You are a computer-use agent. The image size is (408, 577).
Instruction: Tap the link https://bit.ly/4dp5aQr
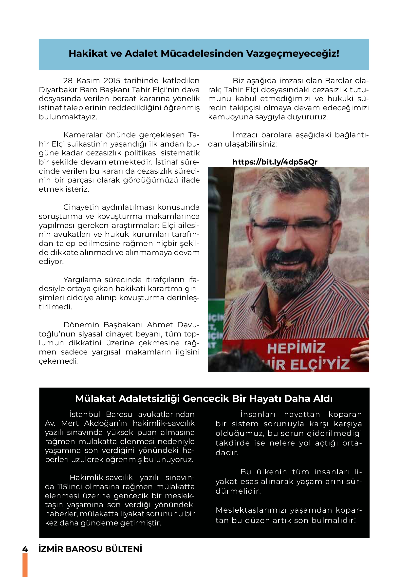click(275, 162)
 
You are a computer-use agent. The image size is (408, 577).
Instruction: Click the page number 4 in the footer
click(25, 549)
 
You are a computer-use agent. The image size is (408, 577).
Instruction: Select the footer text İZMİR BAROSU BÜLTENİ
click(91, 549)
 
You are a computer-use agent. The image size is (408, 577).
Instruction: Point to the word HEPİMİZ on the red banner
click(296, 348)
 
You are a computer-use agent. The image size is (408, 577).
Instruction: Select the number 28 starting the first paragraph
click(68, 81)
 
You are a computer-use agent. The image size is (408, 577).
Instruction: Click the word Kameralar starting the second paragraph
click(83, 135)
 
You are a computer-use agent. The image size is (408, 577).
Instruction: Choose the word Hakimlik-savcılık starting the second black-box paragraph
click(101, 478)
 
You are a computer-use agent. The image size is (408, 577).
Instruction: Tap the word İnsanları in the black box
click(258, 414)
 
